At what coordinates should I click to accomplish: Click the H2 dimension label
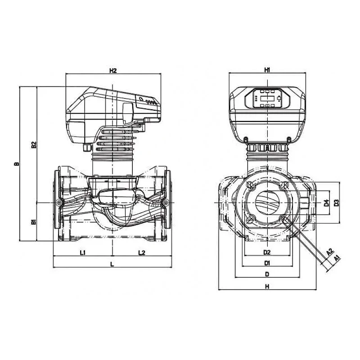(x=113, y=71)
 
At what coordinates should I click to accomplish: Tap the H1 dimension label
(x=267, y=70)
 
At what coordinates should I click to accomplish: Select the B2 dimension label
(x=34, y=145)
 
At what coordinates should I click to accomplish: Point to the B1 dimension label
(x=34, y=222)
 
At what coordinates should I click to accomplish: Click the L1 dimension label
(x=83, y=252)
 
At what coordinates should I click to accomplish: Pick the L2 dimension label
(x=142, y=252)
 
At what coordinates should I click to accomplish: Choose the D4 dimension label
(x=326, y=203)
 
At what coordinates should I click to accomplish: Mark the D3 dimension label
(x=336, y=203)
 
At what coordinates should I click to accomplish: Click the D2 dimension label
(x=267, y=252)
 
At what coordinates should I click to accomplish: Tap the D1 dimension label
(x=267, y=263)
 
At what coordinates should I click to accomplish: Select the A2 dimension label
(x=330, y=252)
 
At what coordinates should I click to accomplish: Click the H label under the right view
(x=267, y=286)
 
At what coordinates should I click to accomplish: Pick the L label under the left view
(x=112, y=264)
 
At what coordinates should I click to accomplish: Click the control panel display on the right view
(x=267, y=98)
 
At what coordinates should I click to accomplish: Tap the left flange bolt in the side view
(x=59, y=202)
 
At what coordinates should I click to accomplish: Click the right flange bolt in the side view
(x=165, y=202)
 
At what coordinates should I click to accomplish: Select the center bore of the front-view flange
(x=267, y=203)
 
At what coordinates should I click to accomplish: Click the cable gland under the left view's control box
(x=87, y=147)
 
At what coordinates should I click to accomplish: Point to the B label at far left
(x=17, y=164)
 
